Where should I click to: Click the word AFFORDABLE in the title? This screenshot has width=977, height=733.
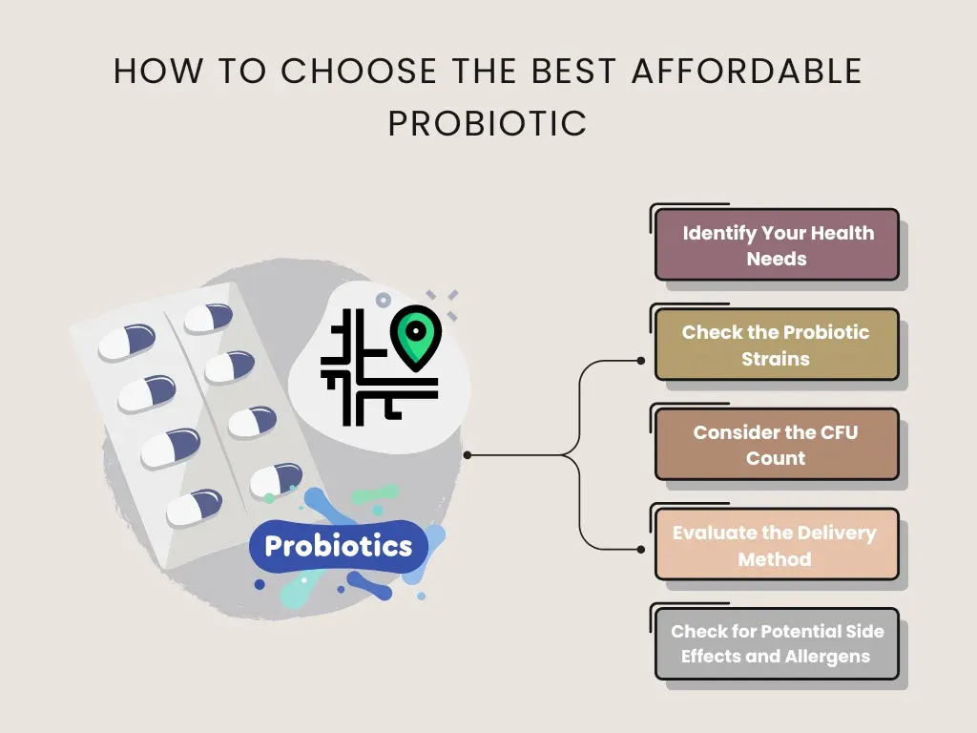pos(746,72)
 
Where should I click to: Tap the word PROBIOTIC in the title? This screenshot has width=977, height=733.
pos(488,124)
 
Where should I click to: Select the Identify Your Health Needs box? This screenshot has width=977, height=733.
pos(777,245)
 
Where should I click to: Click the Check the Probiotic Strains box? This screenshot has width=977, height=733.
pos(777,346)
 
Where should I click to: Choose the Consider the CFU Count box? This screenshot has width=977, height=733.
pos(777,445)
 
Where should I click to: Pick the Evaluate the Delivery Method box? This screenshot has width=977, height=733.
pos(777,545)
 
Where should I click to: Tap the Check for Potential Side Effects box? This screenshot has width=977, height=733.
pos(777,644)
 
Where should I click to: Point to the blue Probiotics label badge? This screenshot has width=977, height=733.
pos(338,546)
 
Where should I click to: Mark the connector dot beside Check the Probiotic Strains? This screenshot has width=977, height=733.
pos(640,361)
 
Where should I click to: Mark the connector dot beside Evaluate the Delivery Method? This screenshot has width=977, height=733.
pos(640,549)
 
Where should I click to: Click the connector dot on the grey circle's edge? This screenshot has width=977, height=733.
pos(468,455)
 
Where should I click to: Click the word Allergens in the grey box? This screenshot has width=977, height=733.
pos(825,657)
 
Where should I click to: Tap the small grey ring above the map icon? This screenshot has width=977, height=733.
pos(384,300)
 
